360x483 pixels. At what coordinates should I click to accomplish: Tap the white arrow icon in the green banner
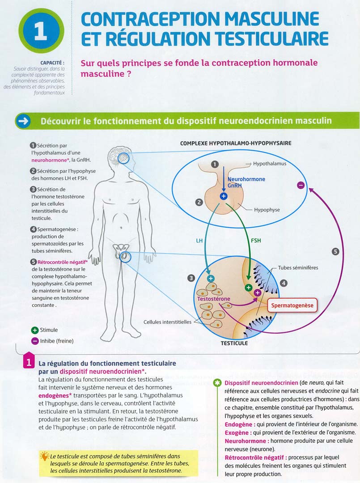click(23, 121)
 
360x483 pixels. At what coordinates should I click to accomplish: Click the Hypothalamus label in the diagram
click(269, 164)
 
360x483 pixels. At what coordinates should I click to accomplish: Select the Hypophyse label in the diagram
click(267, 209)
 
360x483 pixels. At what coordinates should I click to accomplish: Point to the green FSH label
click(256, 241)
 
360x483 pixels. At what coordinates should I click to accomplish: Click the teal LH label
click(199, 241)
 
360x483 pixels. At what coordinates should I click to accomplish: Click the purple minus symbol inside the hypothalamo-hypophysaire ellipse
click(301, 185)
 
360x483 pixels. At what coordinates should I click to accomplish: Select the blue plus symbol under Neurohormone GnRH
click(224, 196)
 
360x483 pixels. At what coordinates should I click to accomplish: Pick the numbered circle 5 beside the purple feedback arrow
click(335, 252)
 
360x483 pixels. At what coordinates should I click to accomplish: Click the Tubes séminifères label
click(298, 268)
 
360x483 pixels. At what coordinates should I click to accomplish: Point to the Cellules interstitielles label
click(167, 322)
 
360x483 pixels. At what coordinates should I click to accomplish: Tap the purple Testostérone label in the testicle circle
click(214, 299)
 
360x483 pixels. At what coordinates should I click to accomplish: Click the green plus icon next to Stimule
click(34, 330)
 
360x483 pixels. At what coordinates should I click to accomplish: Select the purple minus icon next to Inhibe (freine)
click(34, 341)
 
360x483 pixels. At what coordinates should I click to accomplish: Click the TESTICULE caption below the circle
click(234, 343)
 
